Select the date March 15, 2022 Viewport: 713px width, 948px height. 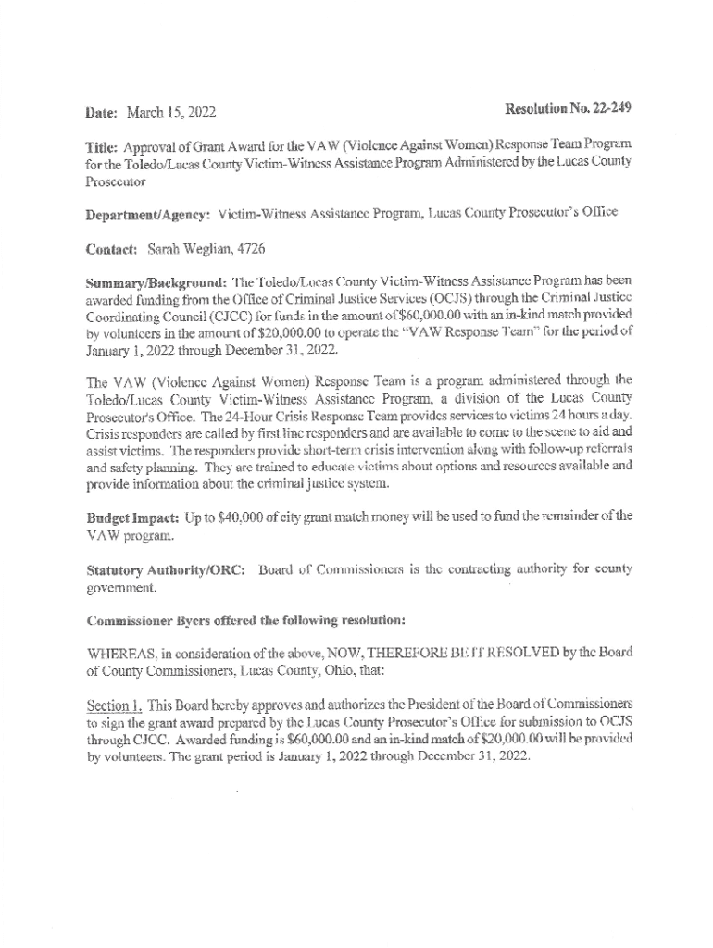point(171,113)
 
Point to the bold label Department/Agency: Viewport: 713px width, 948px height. point(148,213)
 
